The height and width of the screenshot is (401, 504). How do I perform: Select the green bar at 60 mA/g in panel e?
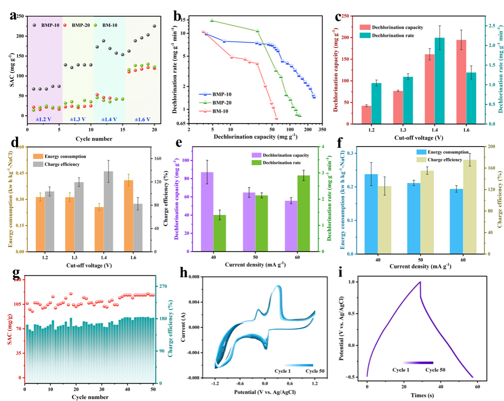coord(303,213)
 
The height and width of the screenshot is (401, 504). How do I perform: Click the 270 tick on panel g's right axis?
coord(165,286)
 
